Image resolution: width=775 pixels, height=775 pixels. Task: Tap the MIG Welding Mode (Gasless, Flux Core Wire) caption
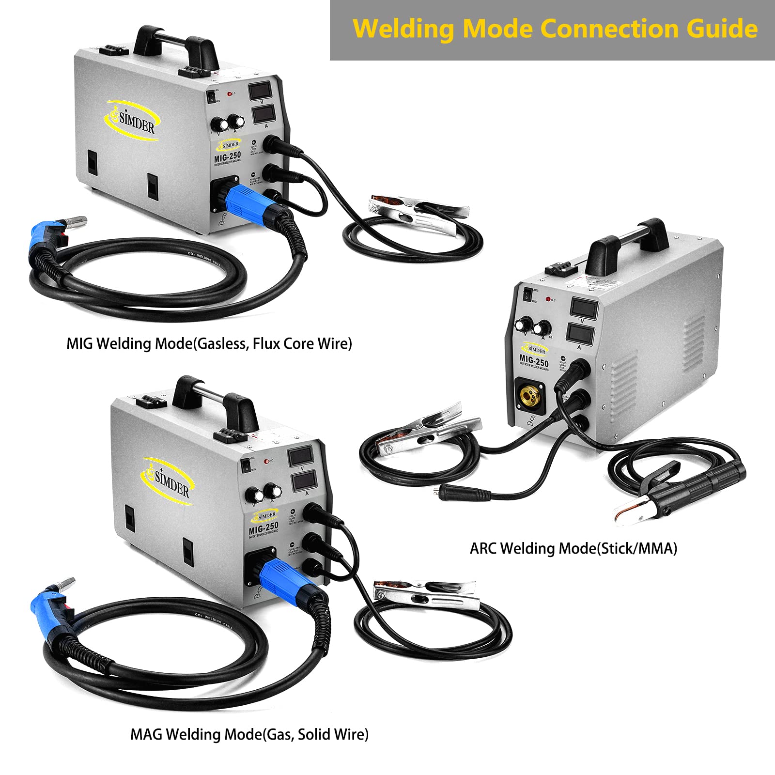(x=209, y=343)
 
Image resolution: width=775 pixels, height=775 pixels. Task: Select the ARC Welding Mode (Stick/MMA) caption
(x=573, y=548)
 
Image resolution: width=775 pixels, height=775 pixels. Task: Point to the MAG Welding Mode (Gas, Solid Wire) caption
(x=249, y=734)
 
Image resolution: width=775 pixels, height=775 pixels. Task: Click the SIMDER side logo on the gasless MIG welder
(x=133, y=121)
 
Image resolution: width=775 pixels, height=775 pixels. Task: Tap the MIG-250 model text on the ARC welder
(x=534, y=361)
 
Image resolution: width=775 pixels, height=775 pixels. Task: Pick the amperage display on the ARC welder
(x=579, y=334)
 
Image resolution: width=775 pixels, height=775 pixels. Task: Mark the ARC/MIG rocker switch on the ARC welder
(x=527, y=294)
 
